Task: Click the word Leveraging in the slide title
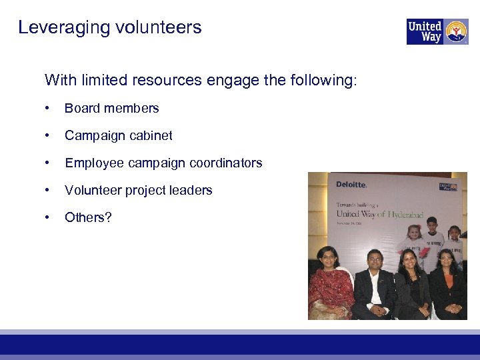55,28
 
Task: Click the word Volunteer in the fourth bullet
91,191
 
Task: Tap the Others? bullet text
88,217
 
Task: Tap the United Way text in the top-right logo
425,31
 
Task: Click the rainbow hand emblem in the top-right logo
456,31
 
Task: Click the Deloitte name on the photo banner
351,185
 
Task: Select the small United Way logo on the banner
447,187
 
